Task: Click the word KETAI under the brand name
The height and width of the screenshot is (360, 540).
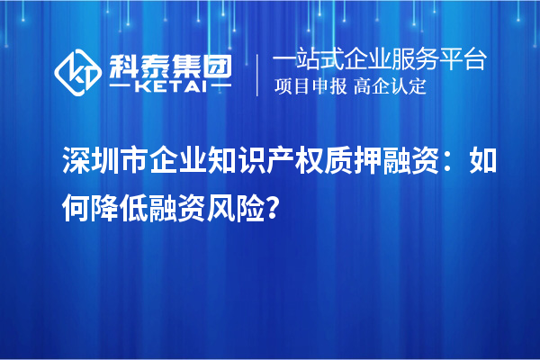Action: pyautogui.click(x=169, y=85)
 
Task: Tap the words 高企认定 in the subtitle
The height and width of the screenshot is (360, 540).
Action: pyautogui.click(x=390, y=86)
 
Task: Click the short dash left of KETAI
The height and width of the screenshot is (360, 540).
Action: pyautogui.click(x=121, y=85)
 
